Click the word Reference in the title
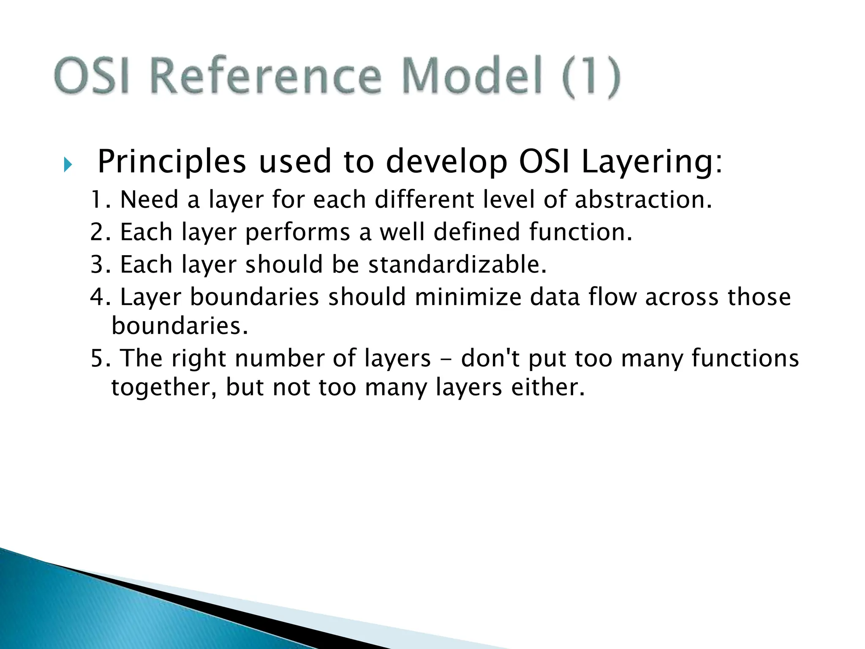coord(266,76)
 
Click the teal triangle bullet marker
coord(68,164)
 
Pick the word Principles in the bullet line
coord(171,162)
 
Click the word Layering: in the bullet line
coord(652,162)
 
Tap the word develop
coord(446,162)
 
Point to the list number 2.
coord(98,232)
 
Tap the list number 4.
coord(98,297)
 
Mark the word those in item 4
coord(759,297)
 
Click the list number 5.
coord(98,358)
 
